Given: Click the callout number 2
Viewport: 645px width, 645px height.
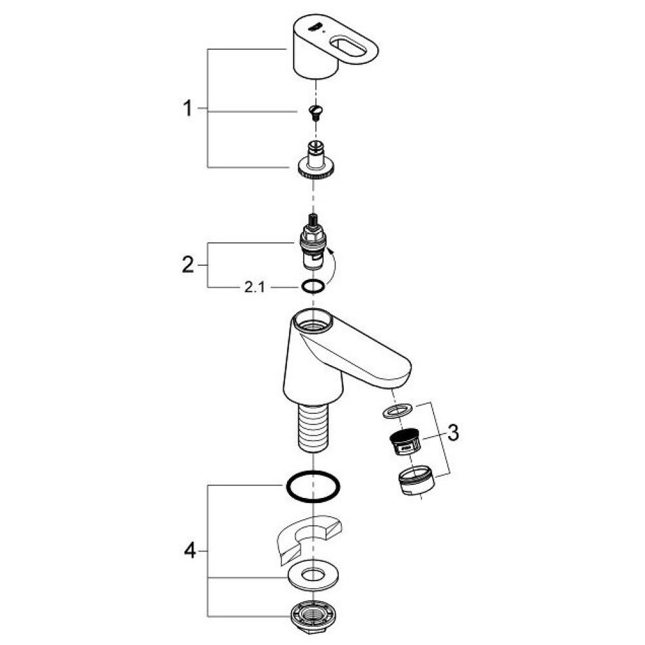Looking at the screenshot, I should (187, 265).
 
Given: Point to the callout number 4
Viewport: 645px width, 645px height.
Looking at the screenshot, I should (188, 551).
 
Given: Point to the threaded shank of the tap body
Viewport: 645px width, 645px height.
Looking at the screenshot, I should (313, 428).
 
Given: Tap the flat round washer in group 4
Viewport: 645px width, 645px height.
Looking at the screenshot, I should (313, 575).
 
